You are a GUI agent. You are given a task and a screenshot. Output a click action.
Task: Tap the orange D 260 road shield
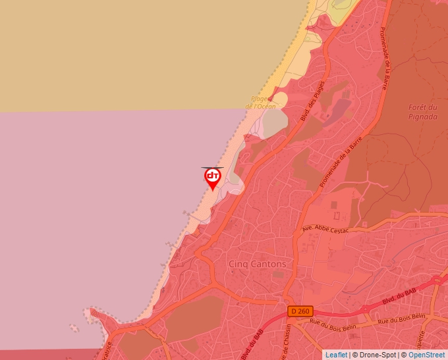(x=298, y=311)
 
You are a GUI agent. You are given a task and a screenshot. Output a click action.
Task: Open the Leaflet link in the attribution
(x=336, y=355)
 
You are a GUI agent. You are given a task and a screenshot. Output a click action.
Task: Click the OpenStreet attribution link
(x=426, y=355)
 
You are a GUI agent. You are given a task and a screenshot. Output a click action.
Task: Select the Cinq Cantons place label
(x=258, y=264)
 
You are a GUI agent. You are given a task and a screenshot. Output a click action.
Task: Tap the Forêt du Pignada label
(x=423, y=112)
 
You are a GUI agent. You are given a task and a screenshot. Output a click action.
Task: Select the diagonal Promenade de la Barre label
(x=341, y=161)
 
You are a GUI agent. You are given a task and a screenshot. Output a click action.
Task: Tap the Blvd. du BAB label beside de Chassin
(x=252, y=342)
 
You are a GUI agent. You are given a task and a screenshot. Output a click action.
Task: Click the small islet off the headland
(x=74, y=327)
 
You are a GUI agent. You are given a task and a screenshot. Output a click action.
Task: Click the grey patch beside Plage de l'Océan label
(x=275, y=122)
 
